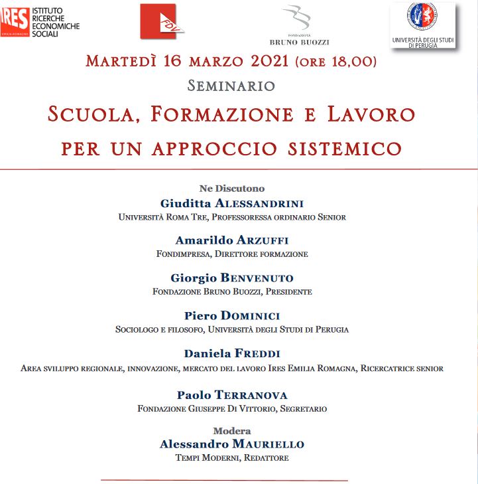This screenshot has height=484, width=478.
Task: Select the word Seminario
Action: pyautogui.click(x=231, y=86)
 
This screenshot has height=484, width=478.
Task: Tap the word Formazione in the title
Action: pyautogui.click(x=221, y=114)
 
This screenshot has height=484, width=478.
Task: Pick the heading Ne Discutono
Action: pyautogui.click(x=232, y=189)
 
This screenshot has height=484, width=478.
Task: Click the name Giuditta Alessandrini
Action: pyautogui.click(x=232, y=203)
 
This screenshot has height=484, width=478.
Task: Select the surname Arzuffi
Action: pyautogui.click(x=265, y=240)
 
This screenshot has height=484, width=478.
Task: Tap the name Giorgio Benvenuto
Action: pyautogui.click(x=232, y=278)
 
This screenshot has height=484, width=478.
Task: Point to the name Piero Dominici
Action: pyautogui.click(x=232, y=315)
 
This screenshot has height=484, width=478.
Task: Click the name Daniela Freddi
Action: pyautogui.click(x=232, y=353)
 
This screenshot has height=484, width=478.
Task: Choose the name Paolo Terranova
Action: pyautogui.click(x=232, y=395)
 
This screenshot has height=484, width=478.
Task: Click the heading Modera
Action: pyautogui.click(x=232, y=431)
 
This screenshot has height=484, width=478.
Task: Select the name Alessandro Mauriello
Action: pyautogui.click(x=232, y=444)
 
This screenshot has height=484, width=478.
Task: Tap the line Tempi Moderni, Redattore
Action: pyautogui.click(x=232, y=458)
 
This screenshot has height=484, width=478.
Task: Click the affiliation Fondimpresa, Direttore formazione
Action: pyautogui.click(x=232, y=254)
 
